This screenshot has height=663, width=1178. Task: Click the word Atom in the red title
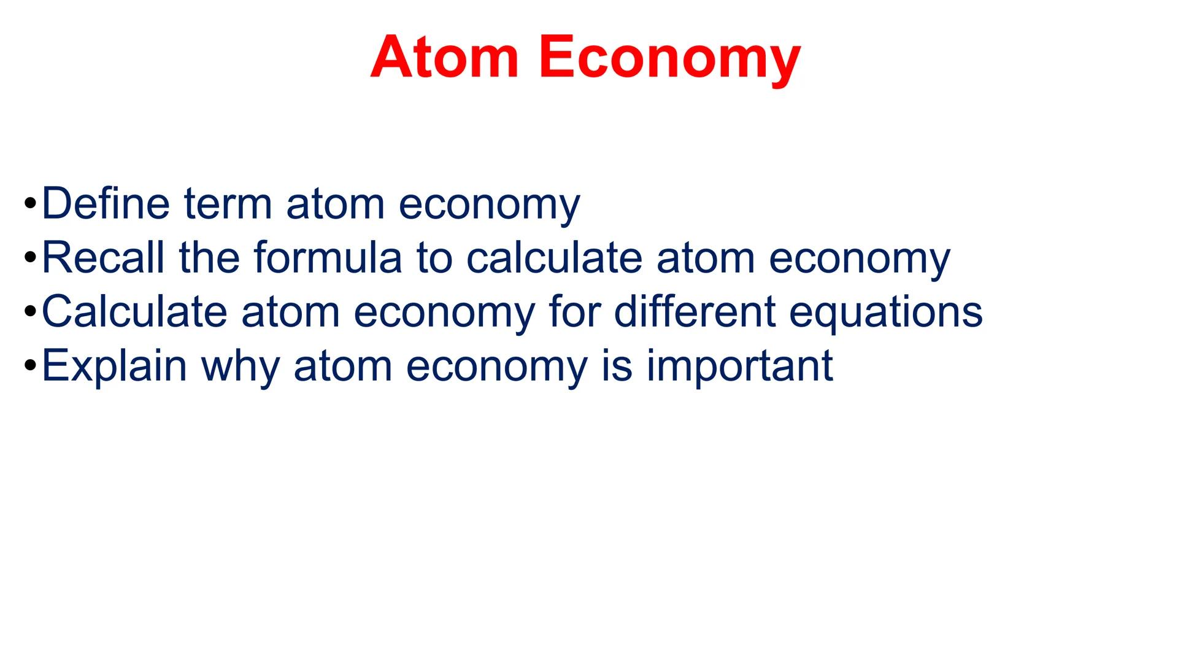tap(444, 58)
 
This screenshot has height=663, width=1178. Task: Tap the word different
tap(695, 312)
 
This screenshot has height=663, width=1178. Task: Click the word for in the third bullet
tap(574, 312)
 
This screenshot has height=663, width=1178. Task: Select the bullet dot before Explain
tap(31, 366)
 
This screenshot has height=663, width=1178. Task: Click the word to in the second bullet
tap(433, 258)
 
